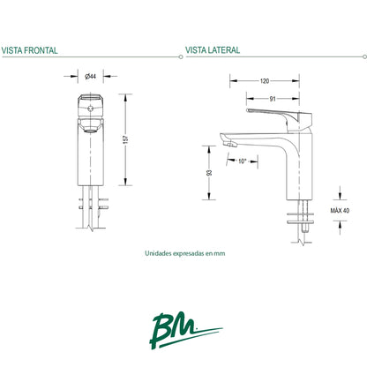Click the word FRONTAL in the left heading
pyautogui.click(x=41, y=51)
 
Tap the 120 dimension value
pyautogui.click(x=264, y=80)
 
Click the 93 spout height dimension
pyautogui.click(x=209, y=174)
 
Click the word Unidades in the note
pyautogui.click(x=158, y=252)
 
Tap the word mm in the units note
pyautogui.click(x=221, y=252)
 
